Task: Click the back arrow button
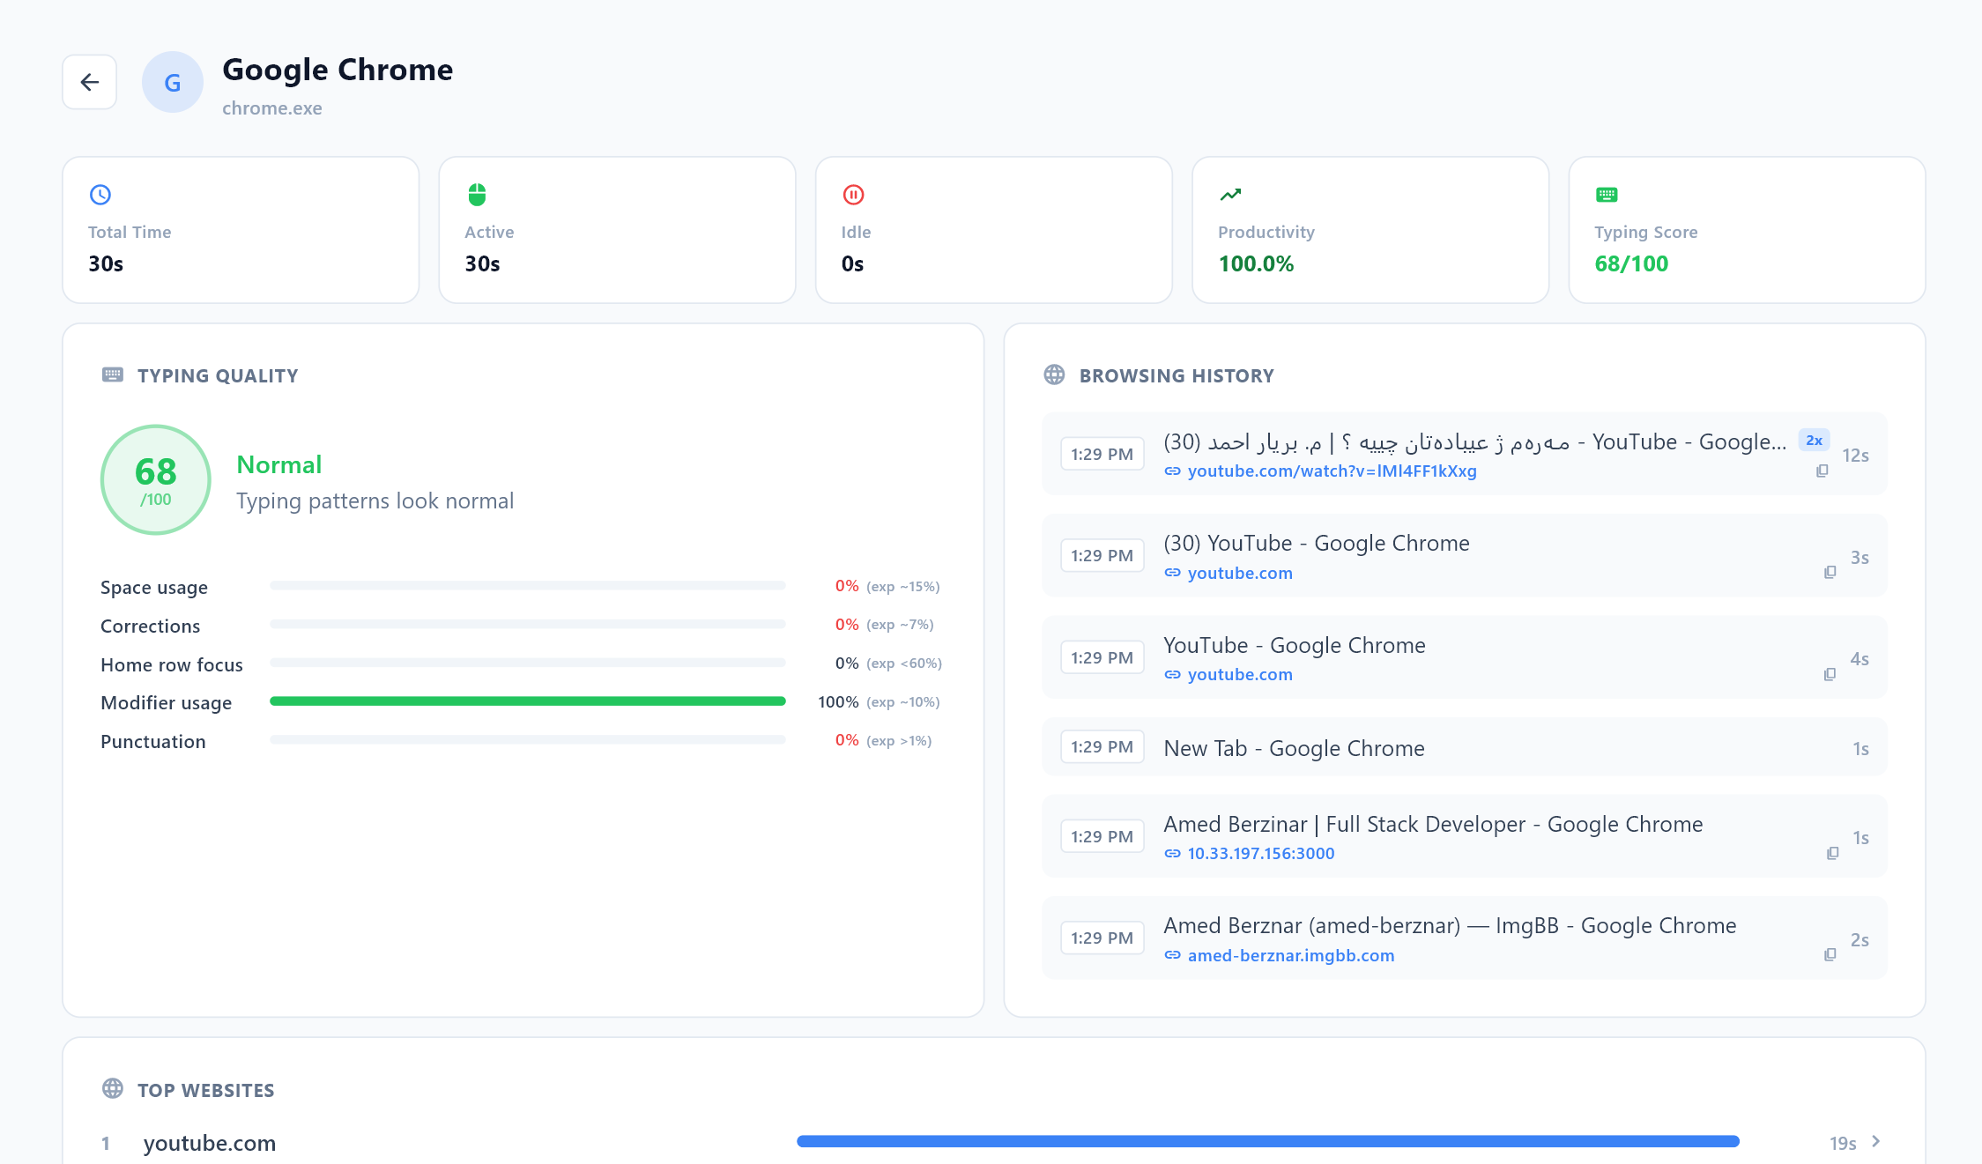[x=89, y=82]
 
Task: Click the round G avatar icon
[x=173, y=82]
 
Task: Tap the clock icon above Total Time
[x=100, y=195]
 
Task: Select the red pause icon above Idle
[x=853, y=195]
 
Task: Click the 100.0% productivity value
[x=1256, y=263]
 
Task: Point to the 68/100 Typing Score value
[x=1631, y=263]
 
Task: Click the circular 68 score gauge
[x=156, y=480]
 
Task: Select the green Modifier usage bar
[x=527, y=701]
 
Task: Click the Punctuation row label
[x=153, y=742]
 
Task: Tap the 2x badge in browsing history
[x=1814, y=441]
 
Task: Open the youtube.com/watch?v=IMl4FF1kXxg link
[x=1332, y=471]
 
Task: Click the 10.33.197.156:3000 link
[x=1260, y=854]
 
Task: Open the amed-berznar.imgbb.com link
[x=1290, y=956]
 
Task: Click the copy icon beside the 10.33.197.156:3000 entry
[x=1832, y=853]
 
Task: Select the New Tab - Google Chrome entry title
[x=1294, y=748]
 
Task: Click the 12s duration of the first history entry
[x=1855, y=456]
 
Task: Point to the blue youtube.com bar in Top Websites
[x=1267, y=1141]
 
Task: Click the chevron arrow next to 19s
[x=1876, y=1141]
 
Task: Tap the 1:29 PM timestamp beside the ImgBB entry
[x=1102, y=938]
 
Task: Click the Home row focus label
[x=172, y=665]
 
